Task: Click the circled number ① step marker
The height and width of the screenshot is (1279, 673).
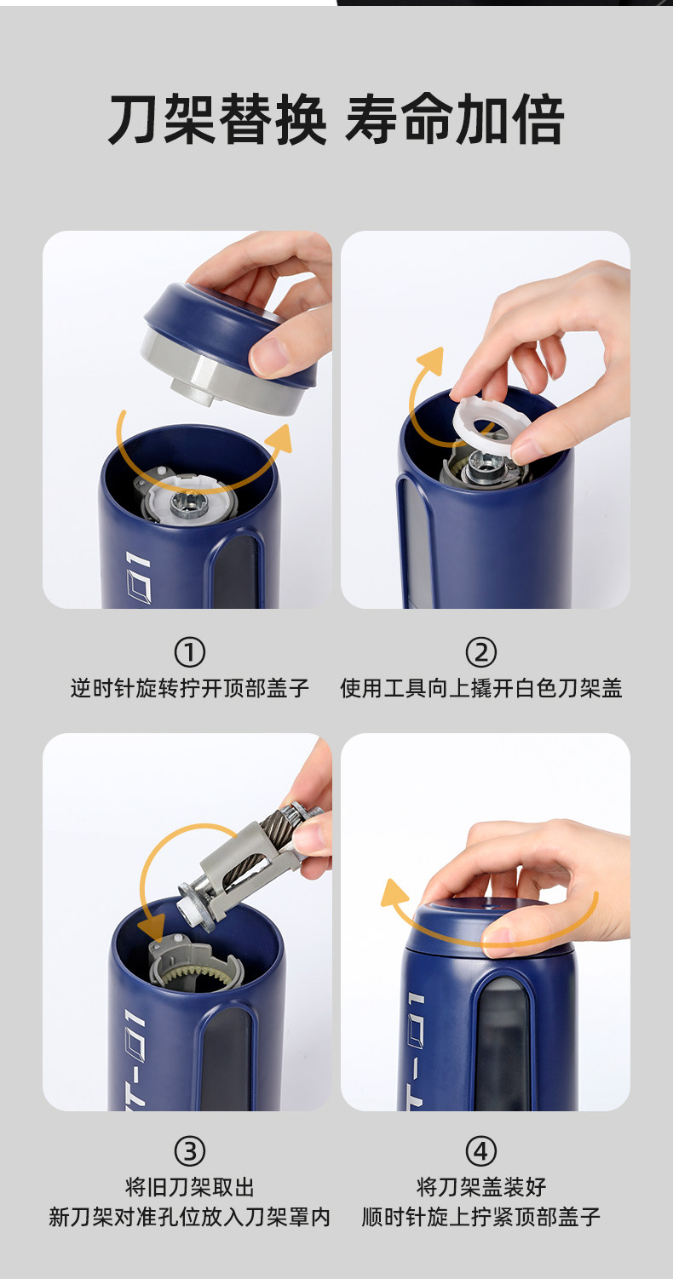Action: click(x=190, y=652)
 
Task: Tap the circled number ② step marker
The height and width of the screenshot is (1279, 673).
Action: click(x=481, y=652)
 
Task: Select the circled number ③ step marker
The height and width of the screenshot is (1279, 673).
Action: click(x=190, y=1151)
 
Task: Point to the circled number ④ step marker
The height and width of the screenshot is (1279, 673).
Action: click(x=481, y=1151)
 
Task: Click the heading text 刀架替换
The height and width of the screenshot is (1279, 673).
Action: click(x=217, y=120)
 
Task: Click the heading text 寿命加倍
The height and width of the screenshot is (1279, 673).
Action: click(x=455, y=120)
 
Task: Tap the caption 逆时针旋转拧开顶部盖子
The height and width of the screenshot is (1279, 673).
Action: click(x=190, y=689)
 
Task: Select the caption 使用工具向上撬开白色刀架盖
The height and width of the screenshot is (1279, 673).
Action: click(x=481, y=689)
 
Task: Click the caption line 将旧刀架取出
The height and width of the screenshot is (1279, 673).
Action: click(x=190, y=1187)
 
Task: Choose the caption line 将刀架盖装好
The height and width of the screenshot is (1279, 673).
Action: click(x=481, y=1187)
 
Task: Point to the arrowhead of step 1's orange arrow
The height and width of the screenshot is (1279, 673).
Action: click(x=280, y=439)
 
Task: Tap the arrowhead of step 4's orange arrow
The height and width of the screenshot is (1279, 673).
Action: click(x=394, y=893)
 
